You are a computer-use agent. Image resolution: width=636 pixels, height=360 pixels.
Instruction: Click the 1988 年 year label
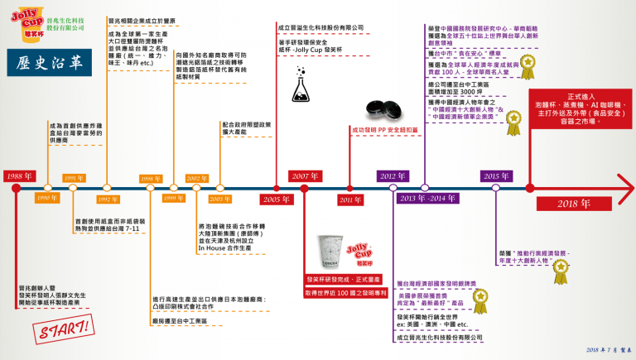click(x=17, y=176)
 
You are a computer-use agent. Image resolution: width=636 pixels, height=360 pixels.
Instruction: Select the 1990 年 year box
click(x=46, y=198)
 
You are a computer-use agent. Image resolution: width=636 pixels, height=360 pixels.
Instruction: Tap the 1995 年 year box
click(x=75, y=178)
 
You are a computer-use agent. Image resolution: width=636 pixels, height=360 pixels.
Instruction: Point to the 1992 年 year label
click(x=108, y=199)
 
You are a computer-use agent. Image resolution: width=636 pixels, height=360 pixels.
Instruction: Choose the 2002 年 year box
click(x=197, y=178)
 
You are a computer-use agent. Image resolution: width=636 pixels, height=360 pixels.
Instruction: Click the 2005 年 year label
click(x=276, y=199)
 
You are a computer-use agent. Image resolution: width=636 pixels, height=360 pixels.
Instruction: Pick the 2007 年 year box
click(x=305, y=176)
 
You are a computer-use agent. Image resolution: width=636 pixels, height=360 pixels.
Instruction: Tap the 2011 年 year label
click(x=350, y=200)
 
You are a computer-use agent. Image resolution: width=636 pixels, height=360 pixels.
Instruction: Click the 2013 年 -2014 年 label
click(x=427, y=199)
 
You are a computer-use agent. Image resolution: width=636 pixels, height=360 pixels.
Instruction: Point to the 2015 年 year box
click(x=496, y=176)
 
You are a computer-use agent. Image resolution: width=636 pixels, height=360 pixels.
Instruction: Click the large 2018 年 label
click(x=566, y=204)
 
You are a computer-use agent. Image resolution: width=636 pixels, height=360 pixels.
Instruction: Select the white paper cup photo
click(x=329, y=254)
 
